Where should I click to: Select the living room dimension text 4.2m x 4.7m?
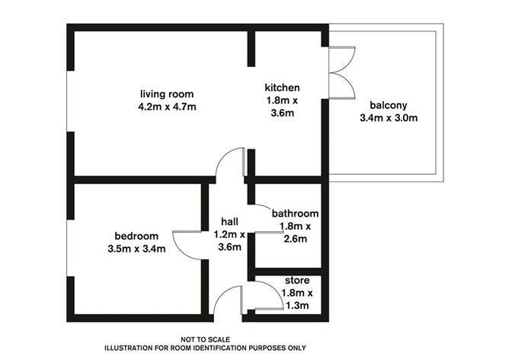[168, 107]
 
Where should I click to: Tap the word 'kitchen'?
[282, 87]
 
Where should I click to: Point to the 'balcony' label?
[389, 105]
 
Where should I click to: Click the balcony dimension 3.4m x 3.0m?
[389, 118]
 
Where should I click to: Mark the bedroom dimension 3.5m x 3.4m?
[137, 248]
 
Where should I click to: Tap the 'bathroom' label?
[295, 214]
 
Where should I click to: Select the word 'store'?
[297, 281]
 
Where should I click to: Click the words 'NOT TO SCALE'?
[205, 339]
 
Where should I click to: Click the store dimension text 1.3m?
[297, 306]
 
